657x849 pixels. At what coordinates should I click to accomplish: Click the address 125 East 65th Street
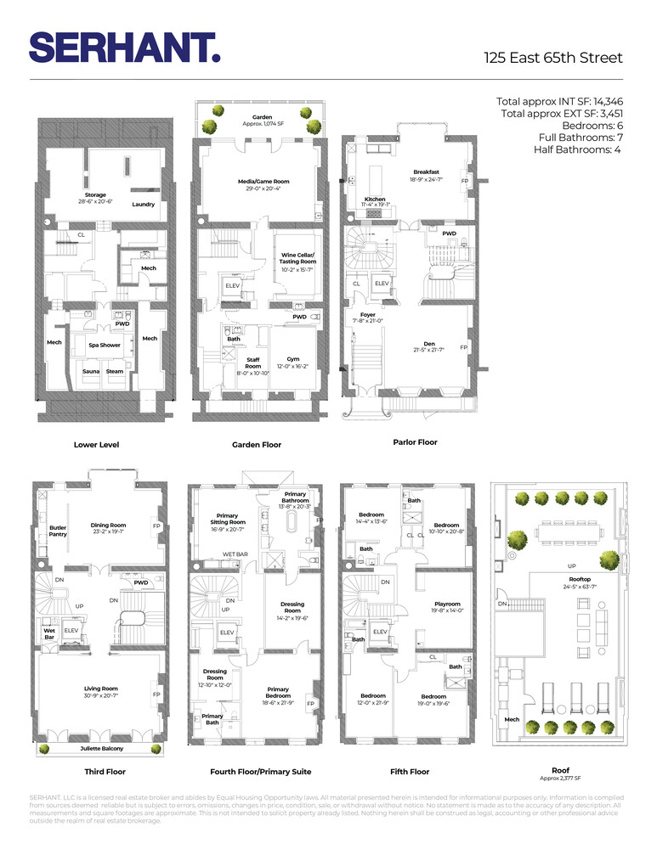553,58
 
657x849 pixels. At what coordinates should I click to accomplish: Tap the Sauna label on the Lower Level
91,372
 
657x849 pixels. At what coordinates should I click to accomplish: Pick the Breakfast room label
426,172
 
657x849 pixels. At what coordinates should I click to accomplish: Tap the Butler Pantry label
58,531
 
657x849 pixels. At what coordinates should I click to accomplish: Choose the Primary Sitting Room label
227,520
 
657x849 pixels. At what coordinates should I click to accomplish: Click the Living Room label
100,689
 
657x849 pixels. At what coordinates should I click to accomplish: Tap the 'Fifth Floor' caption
408,772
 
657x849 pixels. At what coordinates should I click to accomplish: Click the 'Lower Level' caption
96,444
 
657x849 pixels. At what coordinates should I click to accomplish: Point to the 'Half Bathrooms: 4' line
578,149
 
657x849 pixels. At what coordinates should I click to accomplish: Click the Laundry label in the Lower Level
143,204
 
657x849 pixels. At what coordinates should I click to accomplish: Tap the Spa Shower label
105,346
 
